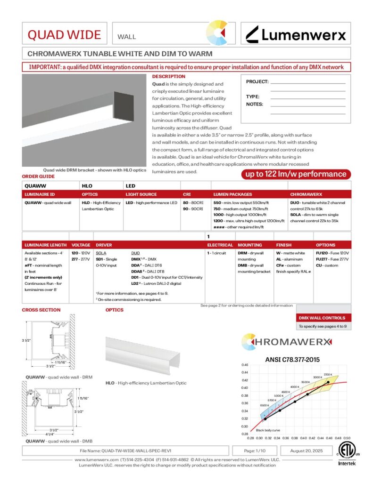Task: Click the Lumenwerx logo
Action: pyautogui.click(x=296, y=34)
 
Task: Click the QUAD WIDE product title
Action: pyautogui.click(x=64, y=34)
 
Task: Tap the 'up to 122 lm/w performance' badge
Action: pyautogui.click(x=294, y=174)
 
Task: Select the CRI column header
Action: pyautogui.click(x=187, y=194)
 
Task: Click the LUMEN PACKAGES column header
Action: pyautogui.click(x=233, y=194)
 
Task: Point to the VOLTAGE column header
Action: pyautogui.click(x=81, y=245)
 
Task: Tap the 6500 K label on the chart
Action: pyautogui.click(x=264, y=405)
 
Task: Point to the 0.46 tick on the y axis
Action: pyautogui.click(x=245, y=365)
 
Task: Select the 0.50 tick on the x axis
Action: pyautogui.click(x=347, y=438)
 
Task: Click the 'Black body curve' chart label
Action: pyautogui.click(x=268, y=430)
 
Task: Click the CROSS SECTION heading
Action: pyautogui.click(x=41, y=310)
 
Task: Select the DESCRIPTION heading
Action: pyautogui.click(x=169, y=76)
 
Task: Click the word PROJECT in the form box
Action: pyautogui.click(x=257, y=82)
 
